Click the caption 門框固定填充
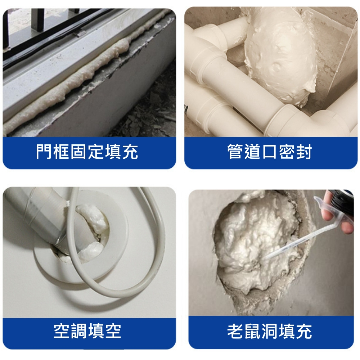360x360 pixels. coord(87,152)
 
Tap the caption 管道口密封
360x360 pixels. coord(270,152)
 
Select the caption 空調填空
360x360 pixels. coord(87,331)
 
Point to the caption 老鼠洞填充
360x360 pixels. coord(270,331)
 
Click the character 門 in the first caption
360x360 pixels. coord(44,152)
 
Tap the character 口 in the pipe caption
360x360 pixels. coord(270,152)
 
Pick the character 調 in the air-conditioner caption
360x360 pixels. coord(79,331)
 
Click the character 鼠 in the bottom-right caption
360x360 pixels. coord(253,331)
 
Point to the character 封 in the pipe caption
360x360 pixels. coord(304,152)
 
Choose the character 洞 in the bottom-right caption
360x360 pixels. coord(270,331)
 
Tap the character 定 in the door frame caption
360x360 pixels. coord(96,152)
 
